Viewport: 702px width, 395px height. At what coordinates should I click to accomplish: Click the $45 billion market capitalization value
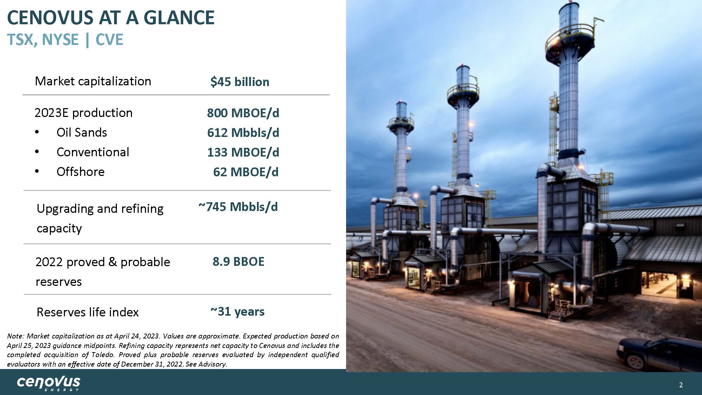[x=240, y=82]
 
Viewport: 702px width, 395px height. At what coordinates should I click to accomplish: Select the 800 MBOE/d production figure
[x=243, y=113]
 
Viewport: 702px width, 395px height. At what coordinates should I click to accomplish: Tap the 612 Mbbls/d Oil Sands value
[x=243, y=133]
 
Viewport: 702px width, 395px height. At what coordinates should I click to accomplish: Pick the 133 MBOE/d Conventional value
[x=243, y=152]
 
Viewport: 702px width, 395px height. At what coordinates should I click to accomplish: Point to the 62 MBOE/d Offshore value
[x=246, y=172]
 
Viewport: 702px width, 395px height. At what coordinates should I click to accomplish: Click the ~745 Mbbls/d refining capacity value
[x=238, y=207]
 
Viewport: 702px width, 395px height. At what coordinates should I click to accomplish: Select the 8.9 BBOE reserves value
[x=238, y=262]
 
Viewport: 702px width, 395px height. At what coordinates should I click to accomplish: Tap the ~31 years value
[x=237, y=311]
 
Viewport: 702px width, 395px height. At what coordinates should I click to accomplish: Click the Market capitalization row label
[x=93, y=81]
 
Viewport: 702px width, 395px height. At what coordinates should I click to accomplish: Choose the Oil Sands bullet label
[x=82, y=132]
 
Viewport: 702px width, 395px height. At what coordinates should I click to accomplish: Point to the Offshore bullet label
[x=80, y=172]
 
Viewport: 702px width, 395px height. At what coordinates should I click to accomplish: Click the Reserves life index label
[x=88, y=312]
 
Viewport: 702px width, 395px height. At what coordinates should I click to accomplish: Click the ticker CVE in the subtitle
[x=109, y=40]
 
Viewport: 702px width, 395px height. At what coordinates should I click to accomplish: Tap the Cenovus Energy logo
[x=48, y=383]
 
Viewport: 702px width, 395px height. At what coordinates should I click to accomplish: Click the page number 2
[x=681, y=385]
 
